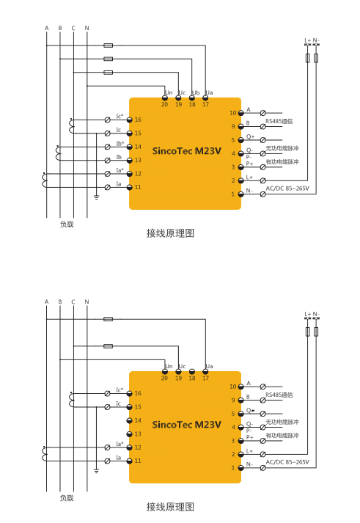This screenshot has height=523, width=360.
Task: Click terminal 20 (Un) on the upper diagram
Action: point(165,98)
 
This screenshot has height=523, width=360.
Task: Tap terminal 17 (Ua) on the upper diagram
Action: point(205,98)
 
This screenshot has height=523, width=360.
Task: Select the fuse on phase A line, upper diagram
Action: point(108,45)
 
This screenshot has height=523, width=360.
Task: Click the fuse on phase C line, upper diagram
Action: point(108,73)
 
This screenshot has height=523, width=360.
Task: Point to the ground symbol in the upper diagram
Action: point(96,197)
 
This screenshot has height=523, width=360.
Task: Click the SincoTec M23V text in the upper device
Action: point(187,151)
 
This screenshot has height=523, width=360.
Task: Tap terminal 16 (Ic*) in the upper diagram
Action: point(130,120)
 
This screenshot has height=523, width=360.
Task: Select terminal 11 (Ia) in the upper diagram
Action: point(130,188)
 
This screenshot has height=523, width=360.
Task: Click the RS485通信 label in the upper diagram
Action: point(279,122)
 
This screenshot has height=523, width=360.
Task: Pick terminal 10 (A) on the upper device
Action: point(240,113)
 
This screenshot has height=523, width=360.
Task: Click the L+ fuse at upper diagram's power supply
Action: point(308,58)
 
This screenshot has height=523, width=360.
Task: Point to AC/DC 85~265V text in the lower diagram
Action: point(287,462)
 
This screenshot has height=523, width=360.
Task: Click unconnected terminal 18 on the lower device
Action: point(192,372)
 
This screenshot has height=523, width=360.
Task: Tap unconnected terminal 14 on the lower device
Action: point(130,420)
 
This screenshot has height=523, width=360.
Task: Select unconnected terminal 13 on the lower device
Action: point(130,434)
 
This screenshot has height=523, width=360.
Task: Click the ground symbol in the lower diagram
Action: point(96,471)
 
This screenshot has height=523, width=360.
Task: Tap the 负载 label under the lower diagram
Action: point(67,498)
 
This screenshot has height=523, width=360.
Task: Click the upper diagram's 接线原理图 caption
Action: point(170,233)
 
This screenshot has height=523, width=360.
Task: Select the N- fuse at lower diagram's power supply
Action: point(316,332)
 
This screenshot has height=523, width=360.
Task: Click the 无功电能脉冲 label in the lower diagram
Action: point(282,422)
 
